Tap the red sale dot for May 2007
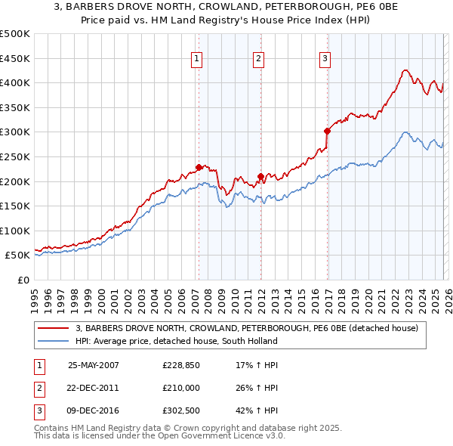(x=199, y=167)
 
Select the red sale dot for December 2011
(x=260, y=176)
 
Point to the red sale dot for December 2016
(x=327, y=131)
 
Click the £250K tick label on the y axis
(x=14, y=156)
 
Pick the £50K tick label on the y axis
(x=17, y=256)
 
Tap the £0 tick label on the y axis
(x=23, y=280)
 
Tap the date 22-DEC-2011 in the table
(x=93, y=388)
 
